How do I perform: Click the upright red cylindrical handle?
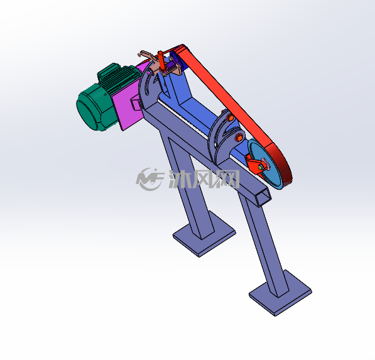161,60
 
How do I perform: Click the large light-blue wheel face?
266,165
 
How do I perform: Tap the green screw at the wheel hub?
261,168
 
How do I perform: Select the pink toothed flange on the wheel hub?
265,164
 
